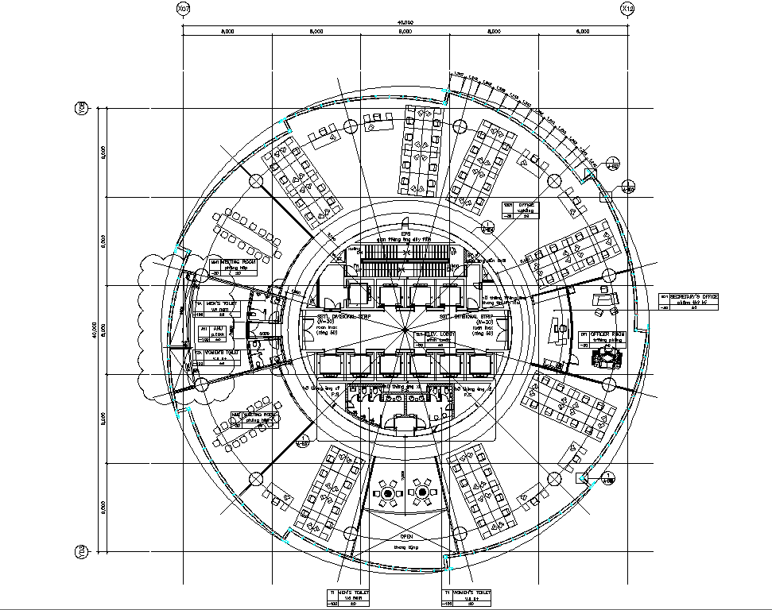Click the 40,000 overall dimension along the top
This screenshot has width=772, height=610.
[405, 21]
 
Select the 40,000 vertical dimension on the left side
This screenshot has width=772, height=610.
[93, 329]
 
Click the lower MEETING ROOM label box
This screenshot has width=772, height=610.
[256, 415]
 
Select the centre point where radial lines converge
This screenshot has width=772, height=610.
[405, 327]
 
